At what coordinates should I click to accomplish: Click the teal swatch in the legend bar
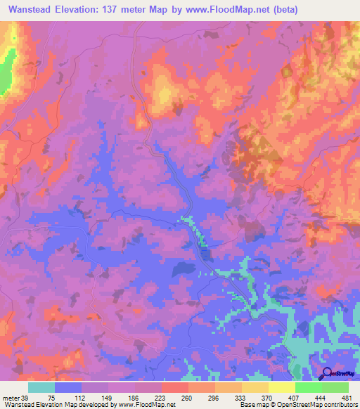tap(41, 387)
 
